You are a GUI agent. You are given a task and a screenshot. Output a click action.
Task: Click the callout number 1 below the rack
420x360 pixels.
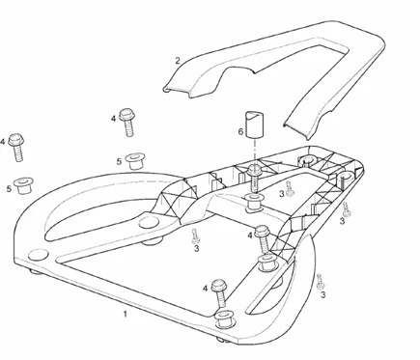(x=126, y=314)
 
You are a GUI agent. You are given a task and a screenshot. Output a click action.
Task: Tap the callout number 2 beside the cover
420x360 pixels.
(x=178, y=61)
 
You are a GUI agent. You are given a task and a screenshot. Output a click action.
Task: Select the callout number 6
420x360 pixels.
(x=240, y=131)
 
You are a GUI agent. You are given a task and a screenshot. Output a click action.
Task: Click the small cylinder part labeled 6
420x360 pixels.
(x=255, y=125)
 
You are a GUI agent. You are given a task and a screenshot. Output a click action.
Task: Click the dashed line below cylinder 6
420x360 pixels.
(x=255, y=152)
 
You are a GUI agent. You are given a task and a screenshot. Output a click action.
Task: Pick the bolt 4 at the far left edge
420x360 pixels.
(x=16, y=147)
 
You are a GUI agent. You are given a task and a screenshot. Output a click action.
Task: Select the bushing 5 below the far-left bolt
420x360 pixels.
(x=23, y=185)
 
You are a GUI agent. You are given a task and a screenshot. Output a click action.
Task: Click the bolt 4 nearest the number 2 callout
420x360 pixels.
(x=127, y=123)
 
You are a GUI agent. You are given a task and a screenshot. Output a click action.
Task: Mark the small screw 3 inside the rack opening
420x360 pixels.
(x=290, y=189)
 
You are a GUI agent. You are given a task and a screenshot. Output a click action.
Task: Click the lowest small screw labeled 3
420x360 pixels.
(x=320, y=282)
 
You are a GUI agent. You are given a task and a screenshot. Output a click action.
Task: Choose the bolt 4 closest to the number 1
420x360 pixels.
(x=219, y=293)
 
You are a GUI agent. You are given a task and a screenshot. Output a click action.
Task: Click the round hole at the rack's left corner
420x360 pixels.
(x=38, y=255)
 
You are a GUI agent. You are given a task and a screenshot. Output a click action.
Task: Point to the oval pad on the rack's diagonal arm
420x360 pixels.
(x=150, y=222)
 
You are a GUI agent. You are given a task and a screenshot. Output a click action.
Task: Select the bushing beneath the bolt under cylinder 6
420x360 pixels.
(x=254, y=203)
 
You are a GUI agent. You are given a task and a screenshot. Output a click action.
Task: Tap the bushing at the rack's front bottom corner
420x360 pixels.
(x=225, y=319)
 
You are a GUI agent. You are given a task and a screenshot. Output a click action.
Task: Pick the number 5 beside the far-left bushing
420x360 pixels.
(x=9, y=188)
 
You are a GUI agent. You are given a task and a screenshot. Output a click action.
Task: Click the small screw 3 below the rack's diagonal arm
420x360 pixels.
(x=195, y=236)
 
